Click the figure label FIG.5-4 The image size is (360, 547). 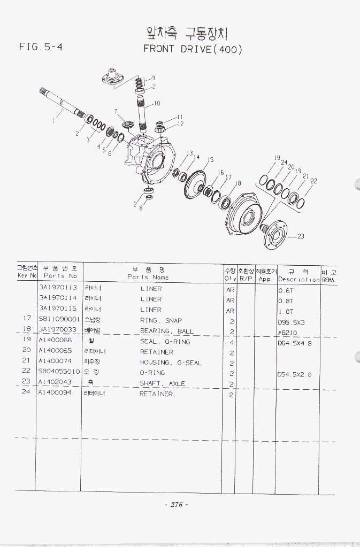(41, 47)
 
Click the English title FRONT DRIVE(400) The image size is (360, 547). (193, 49)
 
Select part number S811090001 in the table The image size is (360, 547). (59, 320)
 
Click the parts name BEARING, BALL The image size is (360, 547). (167, 331)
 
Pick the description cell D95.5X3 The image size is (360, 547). (292, 322)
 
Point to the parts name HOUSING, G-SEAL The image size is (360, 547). (171, 363)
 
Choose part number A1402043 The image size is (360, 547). (55, 383)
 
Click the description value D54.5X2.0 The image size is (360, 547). (295, 374)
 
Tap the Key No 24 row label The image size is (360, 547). (26, 392)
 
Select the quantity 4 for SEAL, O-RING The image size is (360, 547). (231, 342)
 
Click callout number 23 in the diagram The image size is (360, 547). (301, 237)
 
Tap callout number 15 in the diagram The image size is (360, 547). (210, 160)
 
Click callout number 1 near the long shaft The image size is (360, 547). (53, 121)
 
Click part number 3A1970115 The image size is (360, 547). (57, 309)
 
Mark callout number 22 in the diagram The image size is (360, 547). (313, 181)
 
